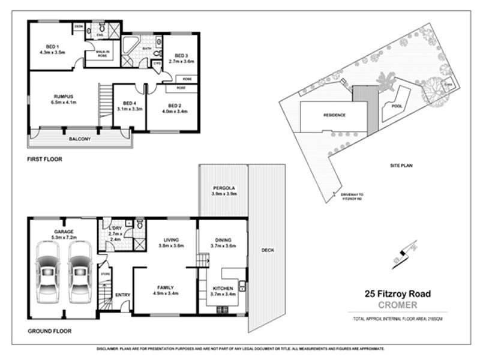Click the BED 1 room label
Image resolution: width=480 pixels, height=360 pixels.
click(x=52, y=47)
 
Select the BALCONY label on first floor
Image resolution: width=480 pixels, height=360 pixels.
click(x=79, y=139)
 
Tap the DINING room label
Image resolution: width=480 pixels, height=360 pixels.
click(x=223, y=239)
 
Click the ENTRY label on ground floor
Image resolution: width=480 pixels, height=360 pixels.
click(x=122, y=295)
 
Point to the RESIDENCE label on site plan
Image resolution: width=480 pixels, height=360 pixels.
click(x=334, y=115)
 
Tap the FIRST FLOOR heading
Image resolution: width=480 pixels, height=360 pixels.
click(x=44, y=160)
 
